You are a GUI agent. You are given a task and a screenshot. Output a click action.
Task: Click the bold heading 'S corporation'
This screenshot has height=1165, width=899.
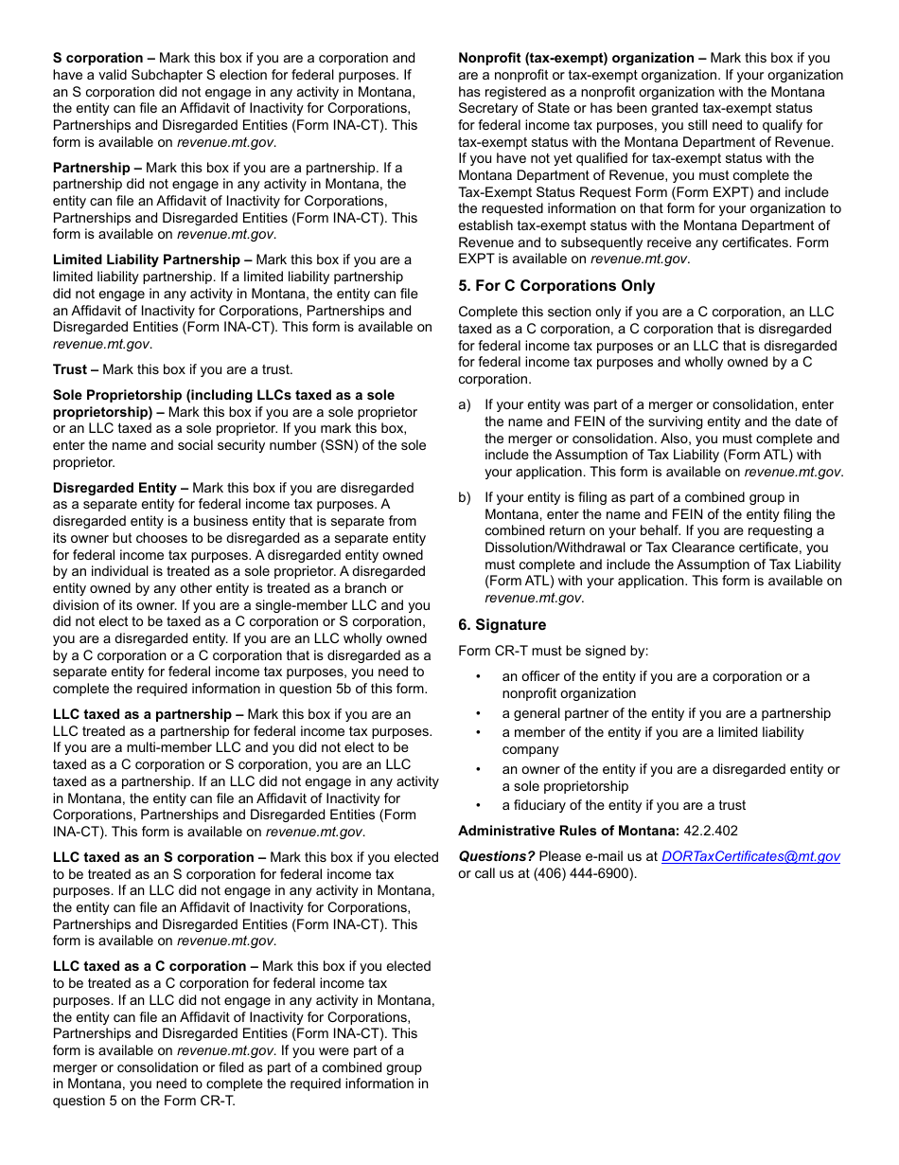97,59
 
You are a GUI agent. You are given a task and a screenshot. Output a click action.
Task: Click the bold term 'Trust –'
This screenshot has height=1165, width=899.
76,369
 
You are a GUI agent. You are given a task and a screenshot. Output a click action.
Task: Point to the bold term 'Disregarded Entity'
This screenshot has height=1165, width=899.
115,488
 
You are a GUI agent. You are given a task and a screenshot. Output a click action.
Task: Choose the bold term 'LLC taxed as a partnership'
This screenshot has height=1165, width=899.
142,714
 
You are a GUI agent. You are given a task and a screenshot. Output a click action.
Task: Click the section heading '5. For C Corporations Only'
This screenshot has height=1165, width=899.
556,286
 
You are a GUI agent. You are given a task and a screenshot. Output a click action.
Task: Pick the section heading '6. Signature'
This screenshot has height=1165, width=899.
502,625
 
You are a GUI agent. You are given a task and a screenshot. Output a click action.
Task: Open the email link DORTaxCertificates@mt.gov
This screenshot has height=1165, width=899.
750,856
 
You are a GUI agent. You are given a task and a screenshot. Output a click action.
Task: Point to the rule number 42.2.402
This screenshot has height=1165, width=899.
711,831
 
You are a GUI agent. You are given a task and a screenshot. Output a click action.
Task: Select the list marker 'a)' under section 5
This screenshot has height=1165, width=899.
465,405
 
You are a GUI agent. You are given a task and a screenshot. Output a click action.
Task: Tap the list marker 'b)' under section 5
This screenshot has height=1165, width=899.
465,497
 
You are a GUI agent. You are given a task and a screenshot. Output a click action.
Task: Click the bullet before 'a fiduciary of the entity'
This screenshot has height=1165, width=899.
479,806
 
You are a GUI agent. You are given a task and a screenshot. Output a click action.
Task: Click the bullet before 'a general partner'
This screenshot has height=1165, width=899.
479,714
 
